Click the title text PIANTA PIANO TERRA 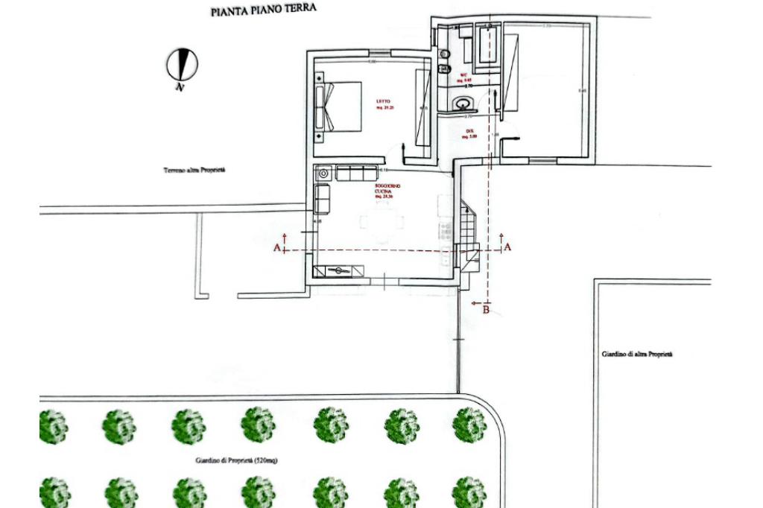pyautogui.click(x=264, y=11)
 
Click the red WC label pyautogui.click(x=463, y=75)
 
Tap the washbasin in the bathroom pyautogui.click(x=463, y=104)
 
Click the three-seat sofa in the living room pyautogui.click(x=357, y=173)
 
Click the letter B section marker pyautogui.click(x=487, y=309)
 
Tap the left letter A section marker pyautogui.click(x=277, y=247)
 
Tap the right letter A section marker pyautogui.click(x=508, y=247)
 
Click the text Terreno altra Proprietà pyautogui.click(x=194, y=171)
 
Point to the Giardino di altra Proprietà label pyautogui.click(x=637, y=355)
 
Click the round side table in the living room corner pyautogui.click(x=323, y=173)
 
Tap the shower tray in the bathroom pyautogui.click(x=487, y=44)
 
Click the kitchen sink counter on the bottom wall pyautogui.click(x=340, y=270)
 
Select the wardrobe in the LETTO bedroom pyautogui.click(x=422, y=107)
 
